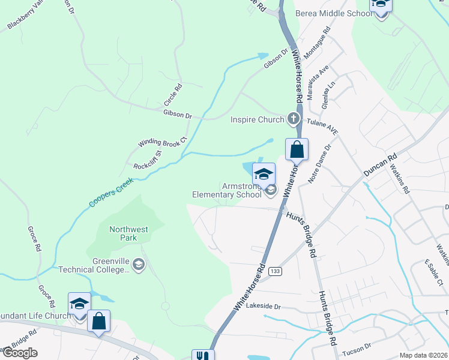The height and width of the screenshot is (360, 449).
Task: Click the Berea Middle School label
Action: (334, 13)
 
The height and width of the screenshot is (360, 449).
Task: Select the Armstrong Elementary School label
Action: (227, 190)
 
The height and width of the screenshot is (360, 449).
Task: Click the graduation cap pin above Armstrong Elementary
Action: (264, 174)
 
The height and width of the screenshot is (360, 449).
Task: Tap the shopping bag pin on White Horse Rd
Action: (297, 149)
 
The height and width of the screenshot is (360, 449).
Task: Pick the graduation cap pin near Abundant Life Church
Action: (79, 304)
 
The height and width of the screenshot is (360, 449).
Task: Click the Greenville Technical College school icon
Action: (139, 265)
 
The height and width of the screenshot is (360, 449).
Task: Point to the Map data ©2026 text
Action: (423, 355)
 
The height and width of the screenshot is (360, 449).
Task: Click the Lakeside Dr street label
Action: (264, 306)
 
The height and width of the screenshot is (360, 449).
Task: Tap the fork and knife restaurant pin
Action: (202, 355)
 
